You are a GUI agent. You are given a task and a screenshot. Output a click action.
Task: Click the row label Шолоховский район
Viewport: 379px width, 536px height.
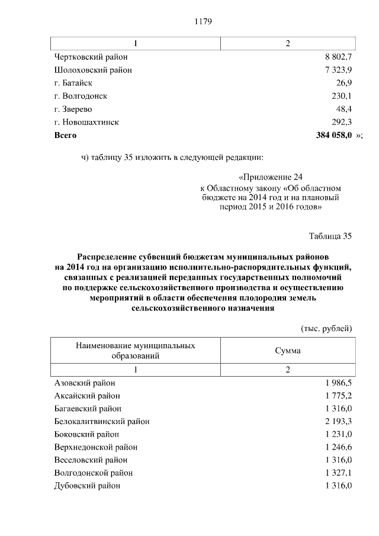pyautogui.click(x=92, y=70)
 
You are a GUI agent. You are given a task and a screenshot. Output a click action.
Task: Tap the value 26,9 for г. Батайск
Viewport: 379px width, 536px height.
pyautogui.click(x=343, y=83)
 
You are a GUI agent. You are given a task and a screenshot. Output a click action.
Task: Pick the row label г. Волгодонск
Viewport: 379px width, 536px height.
pyautogui.click(x=81, y=96)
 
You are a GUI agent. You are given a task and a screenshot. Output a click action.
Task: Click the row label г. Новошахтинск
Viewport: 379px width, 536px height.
pyautogui.click(x=86, y=122)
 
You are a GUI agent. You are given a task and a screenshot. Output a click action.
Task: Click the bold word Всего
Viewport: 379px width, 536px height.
pyautogui.click(x=65, y=135)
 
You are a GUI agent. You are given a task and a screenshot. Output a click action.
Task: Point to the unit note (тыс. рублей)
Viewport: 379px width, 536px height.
pyautogui.click(x=327, y=328)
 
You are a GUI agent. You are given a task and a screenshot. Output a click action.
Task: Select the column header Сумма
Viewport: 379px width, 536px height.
pyautogui.click(x=288, y=350)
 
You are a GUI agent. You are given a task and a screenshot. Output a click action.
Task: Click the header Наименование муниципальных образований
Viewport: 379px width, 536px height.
pyautogui.click(x=135, y=350)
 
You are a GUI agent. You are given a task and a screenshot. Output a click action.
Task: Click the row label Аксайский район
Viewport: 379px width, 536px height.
pyautogui.click(x=87, y=396)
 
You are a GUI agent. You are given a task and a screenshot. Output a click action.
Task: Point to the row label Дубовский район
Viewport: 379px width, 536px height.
pyautogui.click(x=87, y=486)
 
